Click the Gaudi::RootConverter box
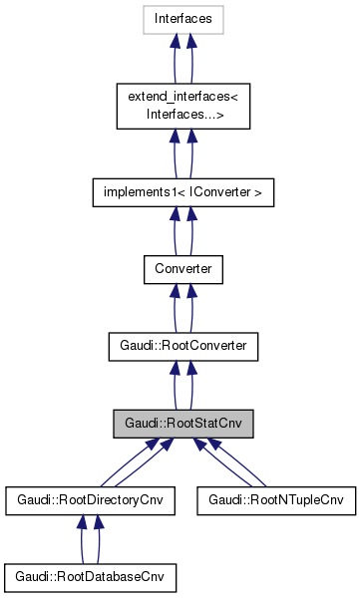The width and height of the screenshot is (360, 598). click(x=182, y=346)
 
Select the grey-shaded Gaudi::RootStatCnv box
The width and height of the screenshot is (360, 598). click(x=182, y=424)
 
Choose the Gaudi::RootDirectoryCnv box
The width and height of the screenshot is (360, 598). click(x=91, y=500)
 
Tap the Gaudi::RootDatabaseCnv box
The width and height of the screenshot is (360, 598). click(x=91, y=577)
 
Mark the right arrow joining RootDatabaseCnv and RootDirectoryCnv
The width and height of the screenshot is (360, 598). click(x=99, y=539)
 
